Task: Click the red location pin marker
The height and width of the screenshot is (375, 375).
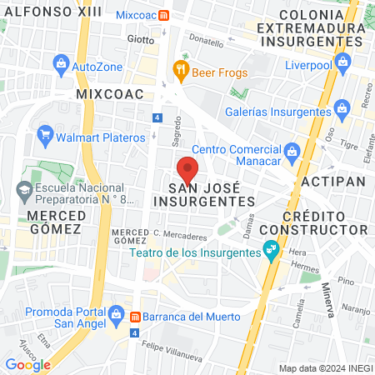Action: (188, 169)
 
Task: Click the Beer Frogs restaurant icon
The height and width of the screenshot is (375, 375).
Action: (179, 71)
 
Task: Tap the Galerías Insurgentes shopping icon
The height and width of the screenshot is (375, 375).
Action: (341, 109)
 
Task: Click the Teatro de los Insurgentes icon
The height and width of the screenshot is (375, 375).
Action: (270, 249)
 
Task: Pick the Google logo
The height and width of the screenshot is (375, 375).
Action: (28, 364)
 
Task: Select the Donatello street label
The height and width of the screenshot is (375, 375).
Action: (207, 40)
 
